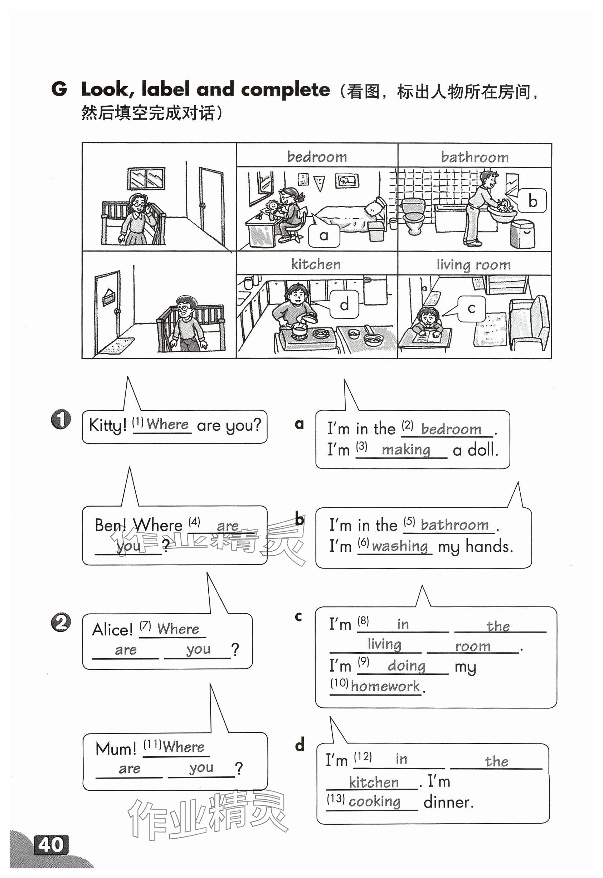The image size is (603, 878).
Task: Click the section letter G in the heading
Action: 59,89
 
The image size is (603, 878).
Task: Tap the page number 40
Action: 51,845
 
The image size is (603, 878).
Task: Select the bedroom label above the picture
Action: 317,156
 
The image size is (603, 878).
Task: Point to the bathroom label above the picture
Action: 475,157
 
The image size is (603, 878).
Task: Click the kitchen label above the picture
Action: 316,264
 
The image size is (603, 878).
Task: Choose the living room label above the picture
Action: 473,264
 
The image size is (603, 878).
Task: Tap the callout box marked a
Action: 324,235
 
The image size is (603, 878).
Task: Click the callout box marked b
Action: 532,201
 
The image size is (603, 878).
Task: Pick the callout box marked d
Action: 344,304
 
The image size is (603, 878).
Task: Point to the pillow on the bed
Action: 374,208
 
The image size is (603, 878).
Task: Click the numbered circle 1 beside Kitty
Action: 61,419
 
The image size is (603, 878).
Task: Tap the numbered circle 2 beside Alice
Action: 61,623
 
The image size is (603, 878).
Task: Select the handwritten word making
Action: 406,450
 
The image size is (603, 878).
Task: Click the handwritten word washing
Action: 400,546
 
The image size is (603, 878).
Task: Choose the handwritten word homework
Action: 385,686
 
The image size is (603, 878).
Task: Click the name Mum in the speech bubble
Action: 116,748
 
